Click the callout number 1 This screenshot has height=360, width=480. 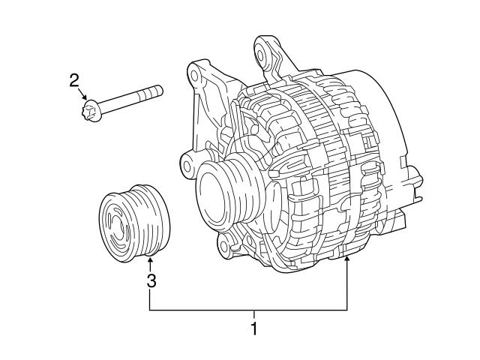(x=254, y=328)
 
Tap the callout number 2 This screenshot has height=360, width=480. (x=74, y=80)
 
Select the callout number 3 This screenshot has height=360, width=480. (x=151, y=281)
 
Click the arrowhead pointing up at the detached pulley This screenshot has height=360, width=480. (x=150, y=262)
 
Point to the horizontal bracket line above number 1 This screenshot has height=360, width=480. (x=248, y=310)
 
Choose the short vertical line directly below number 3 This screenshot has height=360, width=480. (x=150, y=300)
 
